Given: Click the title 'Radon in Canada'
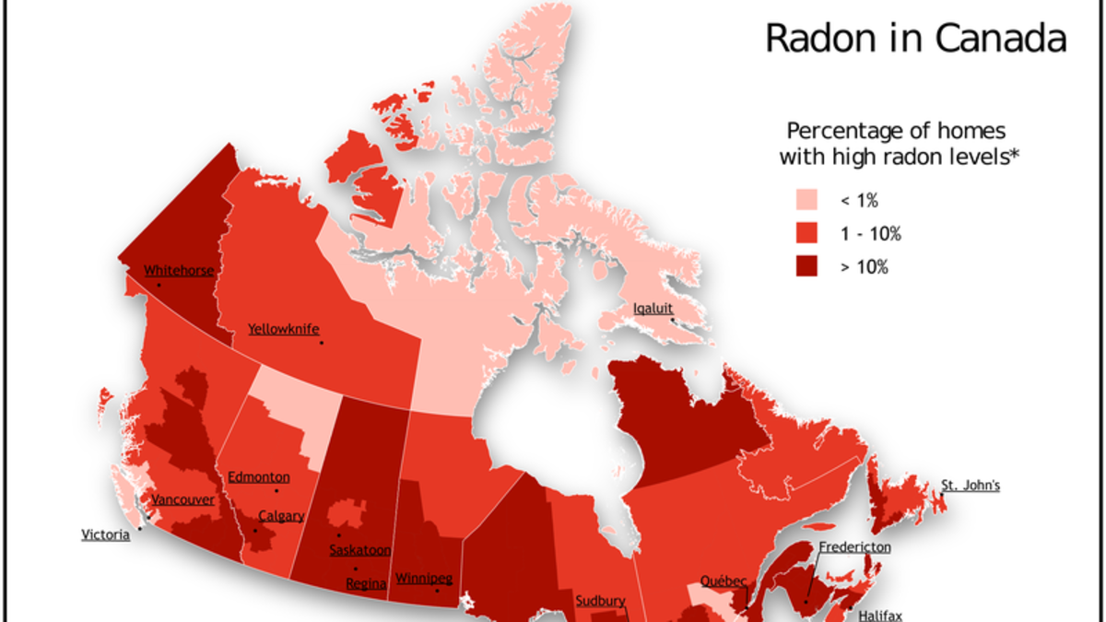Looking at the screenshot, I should (x=916, y=39).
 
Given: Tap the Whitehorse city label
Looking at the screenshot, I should (x=179, y=271).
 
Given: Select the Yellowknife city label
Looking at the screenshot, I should (x=283, y=329).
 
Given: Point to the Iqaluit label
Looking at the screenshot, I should (x=651, y=309).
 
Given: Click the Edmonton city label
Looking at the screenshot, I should (x=258, y=477).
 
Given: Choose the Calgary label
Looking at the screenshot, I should (x=280, y=516).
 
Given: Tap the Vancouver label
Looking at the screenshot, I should (x=182, y=499).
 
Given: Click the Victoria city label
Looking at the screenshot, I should (x=105, y=535).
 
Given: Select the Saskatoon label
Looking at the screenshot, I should (x=360, y=550).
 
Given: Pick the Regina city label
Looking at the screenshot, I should (x=365, y=584).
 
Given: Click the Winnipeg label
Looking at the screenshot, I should (x=423, y=579).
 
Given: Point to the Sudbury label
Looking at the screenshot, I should (x=600, y=602).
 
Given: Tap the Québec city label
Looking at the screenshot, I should (x=724, y=581).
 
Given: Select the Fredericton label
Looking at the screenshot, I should (x=854, y=547).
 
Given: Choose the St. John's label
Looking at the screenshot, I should (x=970, y=486).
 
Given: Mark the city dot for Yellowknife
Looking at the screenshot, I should (x=322, y=343).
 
